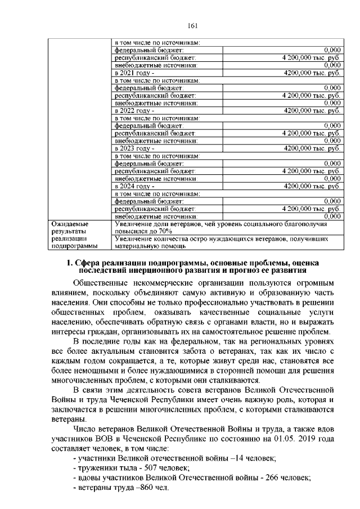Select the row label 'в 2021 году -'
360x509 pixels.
tap(133, 73)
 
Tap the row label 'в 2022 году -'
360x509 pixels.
tap(133, 111)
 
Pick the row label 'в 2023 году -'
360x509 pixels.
tap(133, 148)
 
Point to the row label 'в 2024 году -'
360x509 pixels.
tap(133, 186)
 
